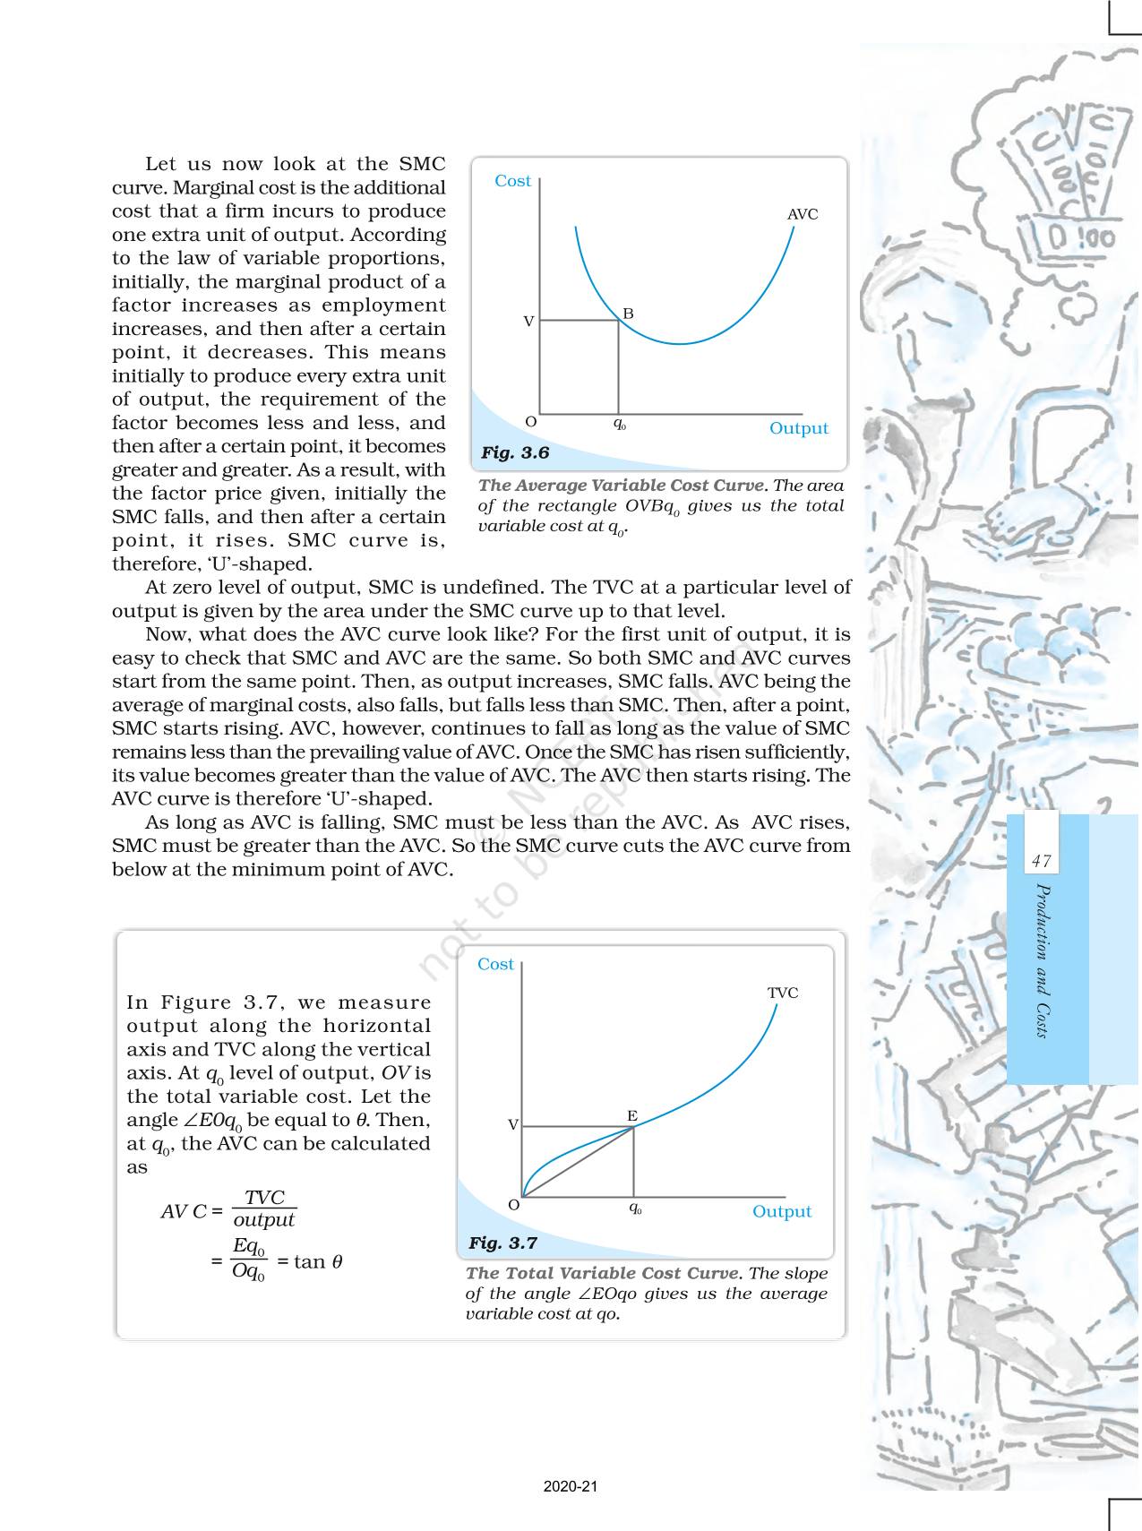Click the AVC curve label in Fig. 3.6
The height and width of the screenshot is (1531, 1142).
coord(802,215)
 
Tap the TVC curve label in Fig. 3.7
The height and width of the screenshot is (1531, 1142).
coord(782,993)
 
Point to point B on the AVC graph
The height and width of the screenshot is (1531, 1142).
coord(628,314)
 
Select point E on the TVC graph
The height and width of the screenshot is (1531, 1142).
coord(632,1116)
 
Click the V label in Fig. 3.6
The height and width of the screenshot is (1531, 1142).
coord(528,321)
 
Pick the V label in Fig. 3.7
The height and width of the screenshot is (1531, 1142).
coord(513,1125)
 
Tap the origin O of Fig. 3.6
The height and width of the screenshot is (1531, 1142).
coord(530,422)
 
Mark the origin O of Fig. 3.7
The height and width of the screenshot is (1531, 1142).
coord(514,1205)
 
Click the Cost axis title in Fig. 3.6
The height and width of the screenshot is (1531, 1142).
coord(512,181)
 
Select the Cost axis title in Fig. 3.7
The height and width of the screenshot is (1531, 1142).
coord(495,965)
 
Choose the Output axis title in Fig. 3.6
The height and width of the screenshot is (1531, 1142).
coord(798,428)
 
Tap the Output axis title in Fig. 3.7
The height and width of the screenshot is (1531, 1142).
coord(781,1211)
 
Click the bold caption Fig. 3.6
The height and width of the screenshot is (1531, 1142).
coord(515,453)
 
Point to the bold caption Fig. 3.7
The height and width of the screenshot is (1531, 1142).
coord(502,1243)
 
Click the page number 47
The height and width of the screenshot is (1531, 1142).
coord(1041,862)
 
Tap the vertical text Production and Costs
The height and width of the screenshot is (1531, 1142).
coord(1042,960)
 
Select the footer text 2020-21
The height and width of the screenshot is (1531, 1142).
coord(571,1487)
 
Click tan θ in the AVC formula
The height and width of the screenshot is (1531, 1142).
coord(310,1262)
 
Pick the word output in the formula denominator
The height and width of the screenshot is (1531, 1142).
coord(263,1220)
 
